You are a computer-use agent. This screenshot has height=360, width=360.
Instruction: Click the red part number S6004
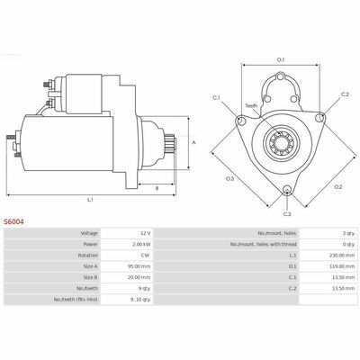coord(13,221)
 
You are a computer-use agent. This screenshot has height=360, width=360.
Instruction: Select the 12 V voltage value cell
coord(147,233)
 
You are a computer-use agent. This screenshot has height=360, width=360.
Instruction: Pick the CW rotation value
coord(148,256)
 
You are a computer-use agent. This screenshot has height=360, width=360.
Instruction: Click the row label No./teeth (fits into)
coord(76,299)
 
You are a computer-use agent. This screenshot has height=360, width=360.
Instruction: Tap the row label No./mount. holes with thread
coord(264,244)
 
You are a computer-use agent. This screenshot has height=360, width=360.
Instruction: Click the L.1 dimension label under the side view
coord(90,200)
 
